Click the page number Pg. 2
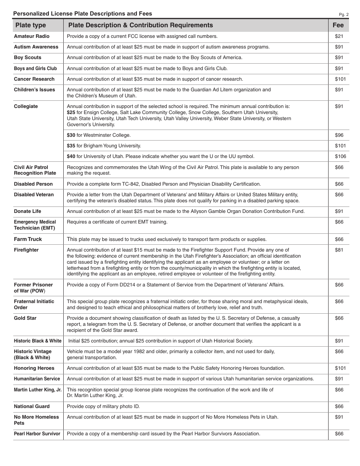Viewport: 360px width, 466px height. (343, 15)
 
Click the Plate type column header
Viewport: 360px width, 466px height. (30, 25)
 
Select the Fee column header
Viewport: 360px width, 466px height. (338, 25)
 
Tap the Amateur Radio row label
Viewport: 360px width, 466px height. (32, 36)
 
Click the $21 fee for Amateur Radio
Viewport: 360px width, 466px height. (339, 36)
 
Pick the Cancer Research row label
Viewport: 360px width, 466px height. (34, 79)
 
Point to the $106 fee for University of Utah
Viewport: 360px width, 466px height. (340, 156)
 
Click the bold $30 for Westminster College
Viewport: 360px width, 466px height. (71, 135)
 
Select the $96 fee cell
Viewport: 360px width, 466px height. (339, 135)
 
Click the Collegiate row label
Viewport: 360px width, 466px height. (26, 106)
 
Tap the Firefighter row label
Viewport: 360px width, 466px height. (26, 250)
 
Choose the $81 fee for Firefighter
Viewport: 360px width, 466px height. (339, 250)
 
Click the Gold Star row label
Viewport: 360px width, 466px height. (25, 318)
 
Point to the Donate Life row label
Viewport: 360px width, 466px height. (27, 211)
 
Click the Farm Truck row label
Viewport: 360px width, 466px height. (28, 239)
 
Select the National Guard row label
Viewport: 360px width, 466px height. (32, 407)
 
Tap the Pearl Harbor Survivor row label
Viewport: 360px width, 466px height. (37, 434)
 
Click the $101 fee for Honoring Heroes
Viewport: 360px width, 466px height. (340, 368)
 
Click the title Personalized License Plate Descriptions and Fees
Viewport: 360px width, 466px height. (83, 14)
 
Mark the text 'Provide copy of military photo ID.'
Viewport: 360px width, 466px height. (103, 407)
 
